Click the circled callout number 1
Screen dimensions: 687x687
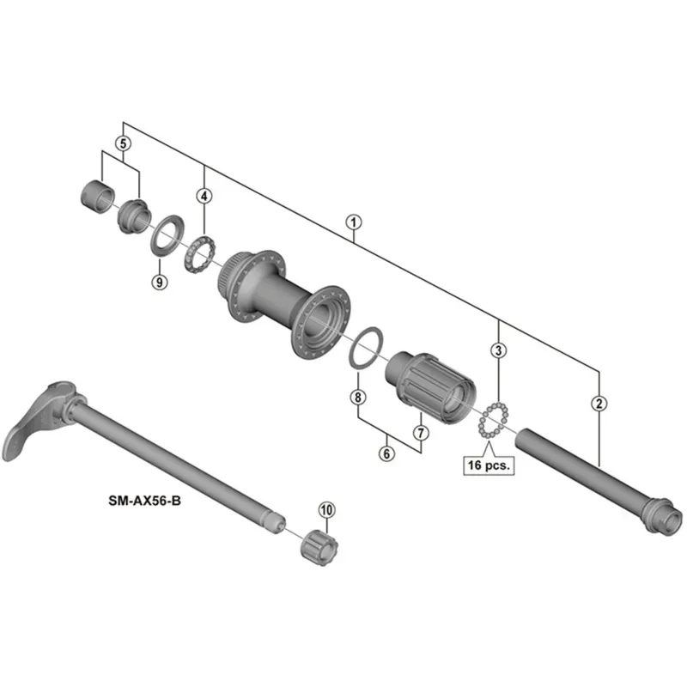tap(352, 221)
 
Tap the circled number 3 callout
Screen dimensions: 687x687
tap(499, 350)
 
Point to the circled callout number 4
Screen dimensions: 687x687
tap(204, 196)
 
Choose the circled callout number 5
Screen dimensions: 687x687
tap(124, 144)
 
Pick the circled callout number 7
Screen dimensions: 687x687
tap(420, 432)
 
